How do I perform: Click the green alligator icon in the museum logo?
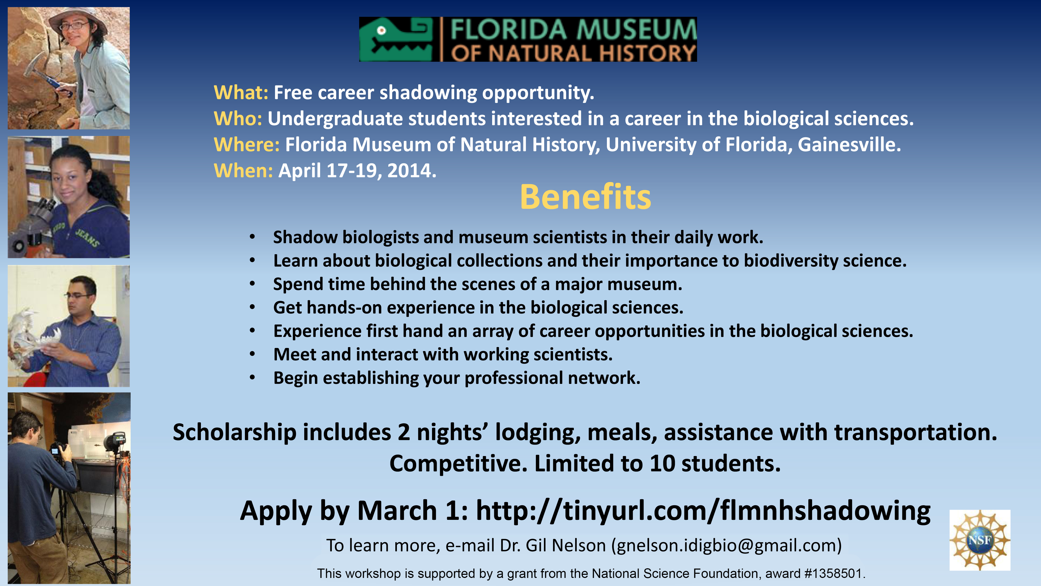coord(396,40)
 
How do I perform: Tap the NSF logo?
coord(980,540)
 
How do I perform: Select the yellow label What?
coord(241,93)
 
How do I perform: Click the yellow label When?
coord(243,171)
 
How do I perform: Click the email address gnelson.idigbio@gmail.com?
coord(726,546)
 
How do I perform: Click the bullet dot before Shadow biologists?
coord(252,237)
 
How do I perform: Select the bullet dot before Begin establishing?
coord(252,378)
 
